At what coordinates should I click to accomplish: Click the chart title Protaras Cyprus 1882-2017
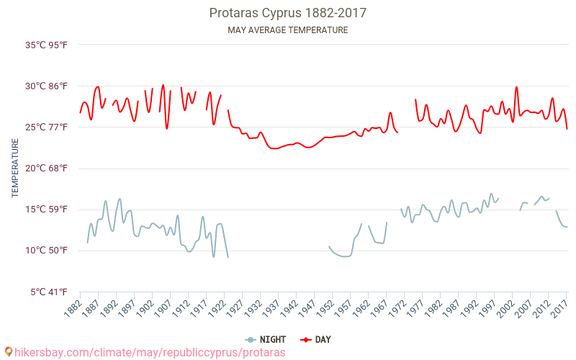click(x=287, y=13)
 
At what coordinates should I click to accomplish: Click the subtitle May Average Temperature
click(x=287, y=30)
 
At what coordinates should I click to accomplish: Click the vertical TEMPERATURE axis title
click(x=15, y=168)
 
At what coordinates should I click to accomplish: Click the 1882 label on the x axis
click(x=71, y=309)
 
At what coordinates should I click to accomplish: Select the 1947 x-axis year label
click(x=305, y=309)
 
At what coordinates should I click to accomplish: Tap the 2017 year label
click(x=558, y=309)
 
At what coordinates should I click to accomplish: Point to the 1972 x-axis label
click(x=395, y=309)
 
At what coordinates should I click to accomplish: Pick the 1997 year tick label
click(x=486, y=309)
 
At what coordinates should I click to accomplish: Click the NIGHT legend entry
click(x=266, y=339)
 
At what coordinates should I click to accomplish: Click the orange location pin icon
click(x=9, y=352)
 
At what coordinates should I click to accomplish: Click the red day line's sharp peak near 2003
click(x=516, y=87)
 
